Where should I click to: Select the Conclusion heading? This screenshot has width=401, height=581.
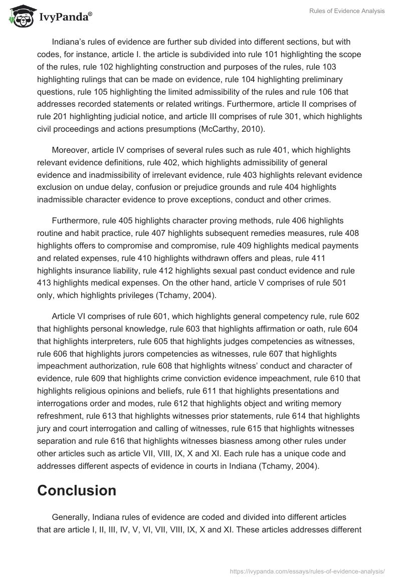coord(77,490)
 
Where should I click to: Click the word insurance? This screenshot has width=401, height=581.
coord(92,270)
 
